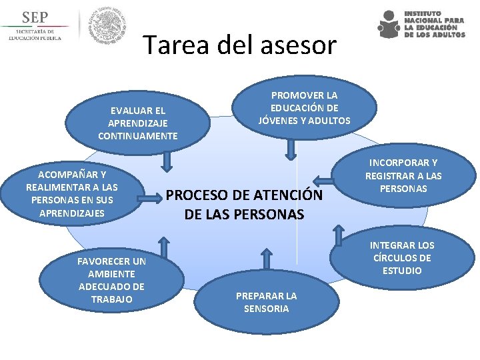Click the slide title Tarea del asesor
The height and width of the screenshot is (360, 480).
tap(240, 45)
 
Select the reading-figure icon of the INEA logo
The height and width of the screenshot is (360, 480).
tap(389, 25)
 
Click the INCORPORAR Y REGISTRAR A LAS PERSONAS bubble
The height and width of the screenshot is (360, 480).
tap(403, 176)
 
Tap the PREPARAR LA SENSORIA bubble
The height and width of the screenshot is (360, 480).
tap(266, 302)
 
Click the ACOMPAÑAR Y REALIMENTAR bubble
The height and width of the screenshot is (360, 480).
tap(72, 193)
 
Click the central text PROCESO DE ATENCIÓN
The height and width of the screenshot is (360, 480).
tap(247, 205)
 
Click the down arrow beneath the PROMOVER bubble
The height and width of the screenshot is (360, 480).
tap(289, 149)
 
